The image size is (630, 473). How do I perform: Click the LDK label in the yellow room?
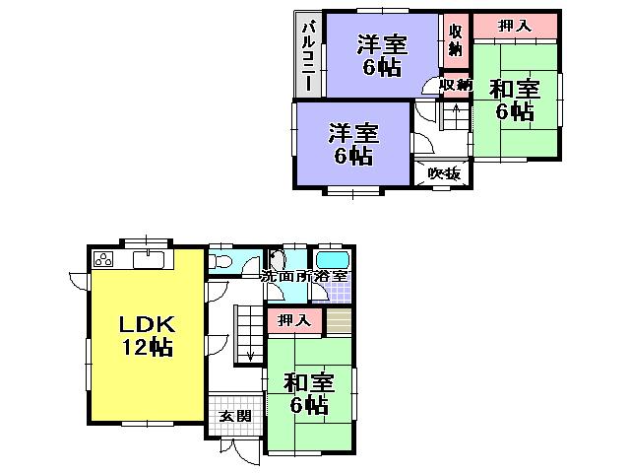[148, 325]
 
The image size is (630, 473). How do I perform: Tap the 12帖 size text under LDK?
[148, 347]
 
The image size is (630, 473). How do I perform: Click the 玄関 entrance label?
[234, 416]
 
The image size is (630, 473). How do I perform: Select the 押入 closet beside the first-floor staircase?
[291, 320]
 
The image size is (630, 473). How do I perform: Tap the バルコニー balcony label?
[308, 55]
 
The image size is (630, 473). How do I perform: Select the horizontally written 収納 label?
[455, 86]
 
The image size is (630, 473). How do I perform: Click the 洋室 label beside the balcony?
[382, 45]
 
